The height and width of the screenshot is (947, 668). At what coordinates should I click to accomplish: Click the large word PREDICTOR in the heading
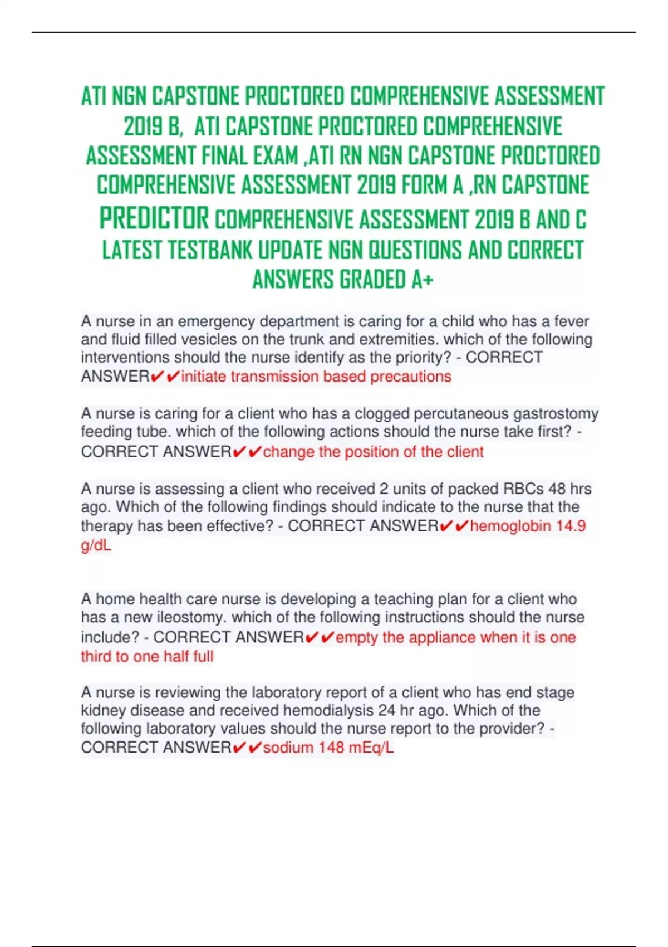(x=154, y=218)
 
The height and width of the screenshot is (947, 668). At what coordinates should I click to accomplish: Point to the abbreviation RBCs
(x=523, y=489)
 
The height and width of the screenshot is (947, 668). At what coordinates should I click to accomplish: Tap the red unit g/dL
(x=96, y=545)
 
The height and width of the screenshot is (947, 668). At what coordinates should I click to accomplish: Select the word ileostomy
(x=193, y=617)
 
